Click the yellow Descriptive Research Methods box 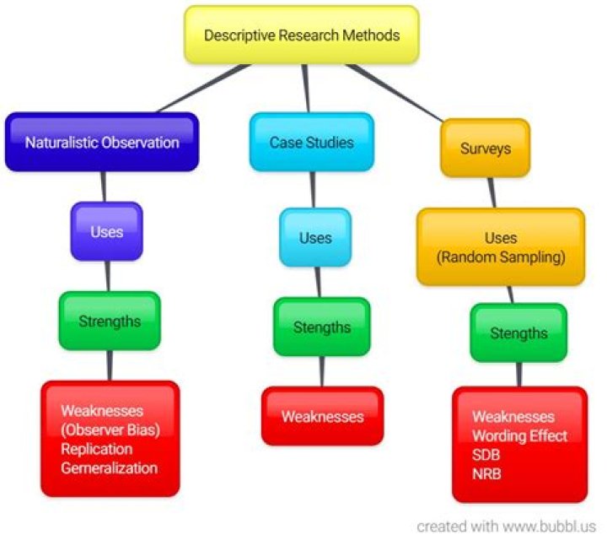click(302, 35)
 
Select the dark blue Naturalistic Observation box click(102, 142)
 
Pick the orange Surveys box click(485, 149)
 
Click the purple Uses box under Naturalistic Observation click(106, 231)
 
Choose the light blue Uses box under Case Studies click(315, 238)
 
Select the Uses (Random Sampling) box click(501, 247)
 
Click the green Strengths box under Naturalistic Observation click(110, 321)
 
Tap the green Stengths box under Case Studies click(321, 327)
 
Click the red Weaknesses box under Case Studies click(322, 417)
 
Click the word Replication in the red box click(97, 448)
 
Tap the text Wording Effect click(519, 436)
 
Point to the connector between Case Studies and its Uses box click(314, 189)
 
